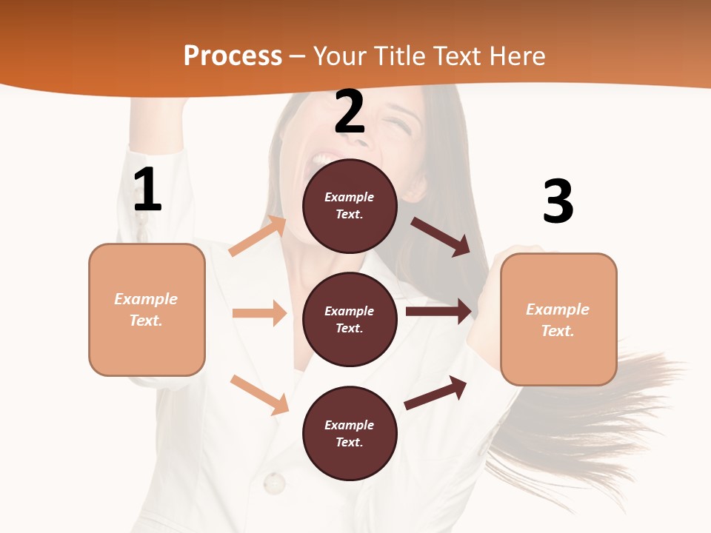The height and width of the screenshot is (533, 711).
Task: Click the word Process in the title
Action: click(x=233, y=56)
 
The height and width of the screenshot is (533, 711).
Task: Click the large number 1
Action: click(x=147, y=190)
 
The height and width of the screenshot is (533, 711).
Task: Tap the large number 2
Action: click(x=350, y=112)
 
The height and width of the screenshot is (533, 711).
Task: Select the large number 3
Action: click(x=558, y=201)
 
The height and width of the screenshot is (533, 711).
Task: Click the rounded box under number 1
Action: click(x=147, y=309)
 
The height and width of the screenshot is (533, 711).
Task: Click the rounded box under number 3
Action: click(x=558, y=319)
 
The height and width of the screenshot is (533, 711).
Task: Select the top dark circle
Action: click(x=350, y=206)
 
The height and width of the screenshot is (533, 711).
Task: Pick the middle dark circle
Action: click(x=350, y=319)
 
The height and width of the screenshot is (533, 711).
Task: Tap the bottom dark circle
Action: click(x=350, y=433)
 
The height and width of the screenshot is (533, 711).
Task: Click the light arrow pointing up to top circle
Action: click(x=258, y=236)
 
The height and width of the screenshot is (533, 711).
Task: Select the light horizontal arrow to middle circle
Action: click(x=259, y=313)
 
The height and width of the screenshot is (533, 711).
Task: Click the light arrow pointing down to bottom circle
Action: click(x=259, y=395)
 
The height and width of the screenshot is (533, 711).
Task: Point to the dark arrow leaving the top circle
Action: click(x=441, y=236)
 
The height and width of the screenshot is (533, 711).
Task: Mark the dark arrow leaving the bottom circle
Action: click(x=435, y=392)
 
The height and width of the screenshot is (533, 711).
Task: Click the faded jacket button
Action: click(x=274, y=483)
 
